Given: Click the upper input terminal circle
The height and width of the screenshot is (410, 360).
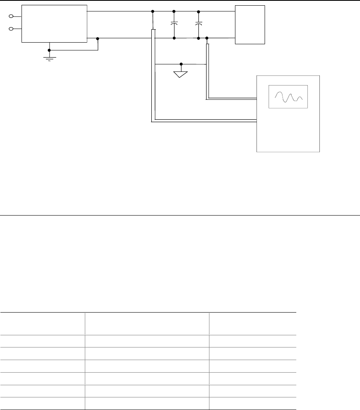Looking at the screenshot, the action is [x=11, y=16].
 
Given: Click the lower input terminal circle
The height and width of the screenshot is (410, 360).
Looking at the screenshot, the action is [x=11, y=29].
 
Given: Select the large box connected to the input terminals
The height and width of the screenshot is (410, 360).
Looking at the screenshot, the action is [x=54, y=24].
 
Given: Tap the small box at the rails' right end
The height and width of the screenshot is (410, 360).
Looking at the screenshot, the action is [x=250, y=24].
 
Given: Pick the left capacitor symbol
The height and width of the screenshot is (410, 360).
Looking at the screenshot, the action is [x=174, y=24].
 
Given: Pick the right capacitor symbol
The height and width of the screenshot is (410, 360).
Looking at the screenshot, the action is [x=198, y=24].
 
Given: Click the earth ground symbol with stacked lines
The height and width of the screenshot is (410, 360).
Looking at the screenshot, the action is [x=50, y=58].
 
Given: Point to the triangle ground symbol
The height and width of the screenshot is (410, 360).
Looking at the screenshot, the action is [x=181, y=74].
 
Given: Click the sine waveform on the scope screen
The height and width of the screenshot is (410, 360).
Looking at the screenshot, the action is [x=288, y=97].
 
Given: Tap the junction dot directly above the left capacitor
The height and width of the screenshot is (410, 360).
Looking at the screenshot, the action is [x=174, y=11].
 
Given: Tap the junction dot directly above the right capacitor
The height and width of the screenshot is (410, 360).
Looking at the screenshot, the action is [x=198, y=11].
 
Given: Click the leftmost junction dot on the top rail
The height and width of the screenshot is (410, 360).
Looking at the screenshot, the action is [x=152, y=11].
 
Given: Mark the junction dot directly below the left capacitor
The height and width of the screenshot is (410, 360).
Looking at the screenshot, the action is [x=174, y=38].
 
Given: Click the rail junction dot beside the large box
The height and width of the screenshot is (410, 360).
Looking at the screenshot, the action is [x=98, y=39].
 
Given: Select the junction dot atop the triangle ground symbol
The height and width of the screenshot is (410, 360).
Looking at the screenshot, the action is [x=181, y=64].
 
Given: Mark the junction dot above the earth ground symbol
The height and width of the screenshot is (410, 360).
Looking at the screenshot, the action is [x=50, y=50].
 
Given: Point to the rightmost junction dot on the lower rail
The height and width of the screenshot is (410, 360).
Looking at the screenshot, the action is [x=207, y=38].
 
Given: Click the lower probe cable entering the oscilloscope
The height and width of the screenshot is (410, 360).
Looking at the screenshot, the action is [x=203, y=120].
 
